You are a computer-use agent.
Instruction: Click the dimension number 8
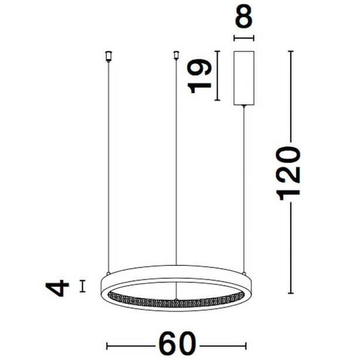[243, 19]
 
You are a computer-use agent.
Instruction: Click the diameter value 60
[178, 344]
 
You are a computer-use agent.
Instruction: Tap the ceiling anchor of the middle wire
[176, 56]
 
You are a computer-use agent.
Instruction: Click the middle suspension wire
[176, 168]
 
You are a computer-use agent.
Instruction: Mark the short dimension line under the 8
[243, 38]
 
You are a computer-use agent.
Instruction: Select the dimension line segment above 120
[291, 96]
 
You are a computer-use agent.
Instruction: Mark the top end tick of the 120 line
[291, 52]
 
